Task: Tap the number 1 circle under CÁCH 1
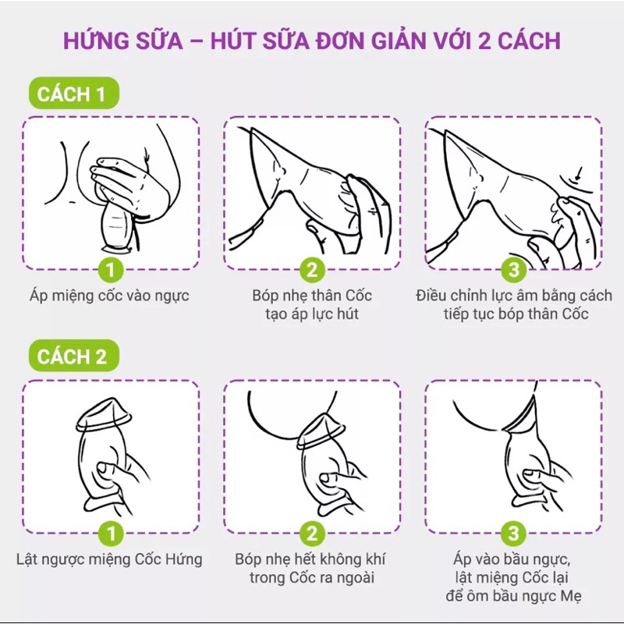pyautogui.click(x=111, y=271)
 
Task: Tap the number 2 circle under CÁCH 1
pyautogui.click(x=312, y=271)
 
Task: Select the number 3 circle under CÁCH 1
pyautogui.click(x=512, y=271)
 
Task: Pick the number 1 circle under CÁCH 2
pyautogui.click(x=111, y=534)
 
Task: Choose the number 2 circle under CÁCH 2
pyautogui.click(x=312, y=534)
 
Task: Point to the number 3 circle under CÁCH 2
pyautogui.click(x=512, y=534)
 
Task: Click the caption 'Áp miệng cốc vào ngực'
pyautogui.click(x=110, y=296)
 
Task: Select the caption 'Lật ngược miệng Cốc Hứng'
pyautogui.click(x=110, y=559)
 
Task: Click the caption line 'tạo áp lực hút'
pyautogui.click(x=312, y=315)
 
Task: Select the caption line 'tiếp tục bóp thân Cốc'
pyautogui.click(x=513, y=315)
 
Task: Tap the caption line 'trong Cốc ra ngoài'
pyautogui.click(x=312, y=579)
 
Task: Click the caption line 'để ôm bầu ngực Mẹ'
pyautogui.click(x=513, y=597)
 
